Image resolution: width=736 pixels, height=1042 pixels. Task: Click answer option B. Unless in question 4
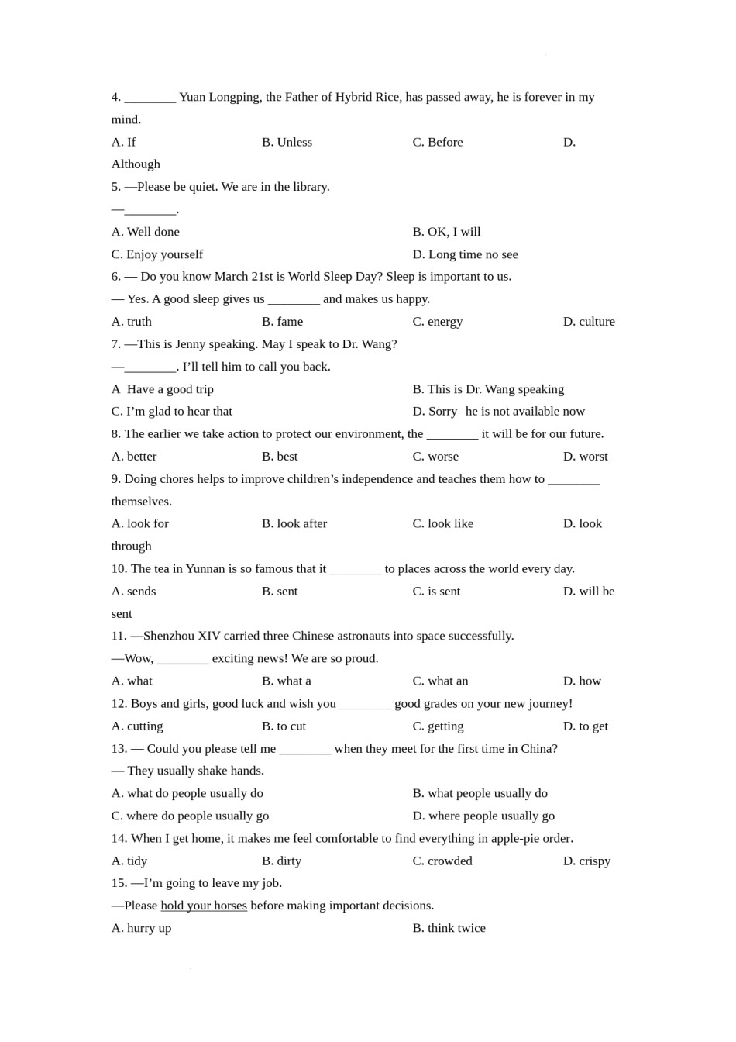(x=287, y=142)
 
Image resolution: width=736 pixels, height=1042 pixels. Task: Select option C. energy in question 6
(x=437, y=322)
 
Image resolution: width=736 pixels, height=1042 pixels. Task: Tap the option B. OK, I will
(x=446, y=232)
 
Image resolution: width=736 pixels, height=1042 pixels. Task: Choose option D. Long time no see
(x=465, y=254)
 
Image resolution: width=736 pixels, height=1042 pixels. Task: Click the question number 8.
(x=115, y=434)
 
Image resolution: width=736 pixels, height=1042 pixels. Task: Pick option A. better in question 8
(x=134, y=457)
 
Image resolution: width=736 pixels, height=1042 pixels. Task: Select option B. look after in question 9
(x=294, y=524)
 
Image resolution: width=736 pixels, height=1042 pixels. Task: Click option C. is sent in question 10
(x=436, y=592)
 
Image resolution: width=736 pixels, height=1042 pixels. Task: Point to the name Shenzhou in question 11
(x=168, y=636)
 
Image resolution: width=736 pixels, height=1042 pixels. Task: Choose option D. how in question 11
(x=582, y=681)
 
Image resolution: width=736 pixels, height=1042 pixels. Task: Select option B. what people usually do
(x=480, y=793)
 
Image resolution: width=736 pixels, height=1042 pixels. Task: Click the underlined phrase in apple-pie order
(x=524, y=838)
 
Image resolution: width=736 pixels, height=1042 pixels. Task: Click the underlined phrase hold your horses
(x=204, y=906)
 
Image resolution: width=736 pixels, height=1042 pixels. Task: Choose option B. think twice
(x=449, y=928)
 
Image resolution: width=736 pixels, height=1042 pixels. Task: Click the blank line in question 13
(x=304, y=749)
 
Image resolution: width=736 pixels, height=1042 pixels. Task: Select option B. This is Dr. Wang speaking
(x=488, y=389)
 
